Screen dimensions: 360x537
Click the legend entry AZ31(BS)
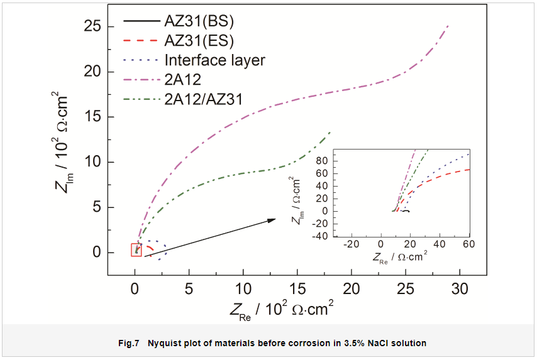coord(199,21)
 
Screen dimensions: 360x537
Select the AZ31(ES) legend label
coord(199,41)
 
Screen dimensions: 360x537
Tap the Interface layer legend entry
coord(214,60)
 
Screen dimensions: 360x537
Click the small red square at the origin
coord(136,249)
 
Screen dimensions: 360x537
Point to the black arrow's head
coord(274,219)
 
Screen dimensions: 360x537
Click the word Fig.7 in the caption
coord(129,343)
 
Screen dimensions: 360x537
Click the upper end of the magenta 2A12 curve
coord(448,26)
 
